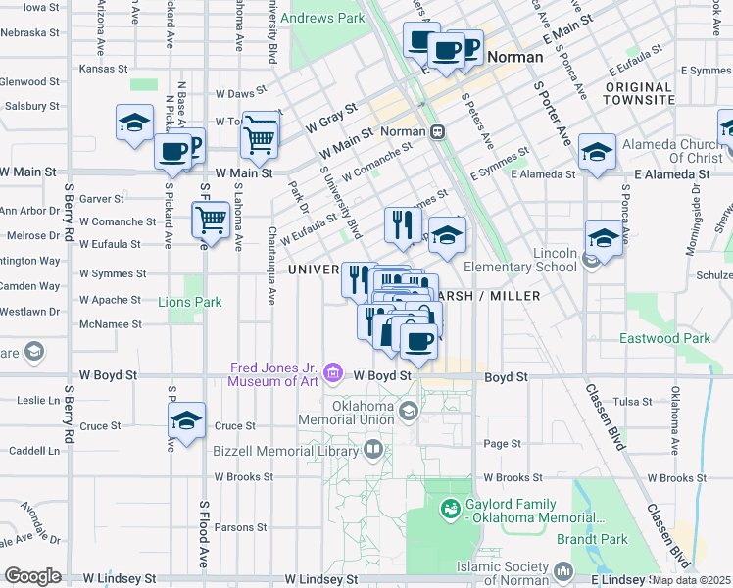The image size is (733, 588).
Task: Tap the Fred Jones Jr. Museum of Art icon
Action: [x=333, y=371]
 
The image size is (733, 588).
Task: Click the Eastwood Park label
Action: [x=665, y=339]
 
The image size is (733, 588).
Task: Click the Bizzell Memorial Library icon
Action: [x=372, y=450]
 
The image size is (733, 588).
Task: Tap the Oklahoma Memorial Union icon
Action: [x=405, y=411]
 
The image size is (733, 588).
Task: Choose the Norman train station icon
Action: [x=438, y=131]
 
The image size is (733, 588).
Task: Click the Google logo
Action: [x=32, y=576]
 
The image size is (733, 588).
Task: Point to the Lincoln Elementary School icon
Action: [x=589, y=260]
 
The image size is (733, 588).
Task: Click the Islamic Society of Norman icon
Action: [x=563, y=570]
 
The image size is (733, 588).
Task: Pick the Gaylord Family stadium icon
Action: [x=450, y=508]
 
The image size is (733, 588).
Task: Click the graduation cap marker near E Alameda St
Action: [x=597, y=151]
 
